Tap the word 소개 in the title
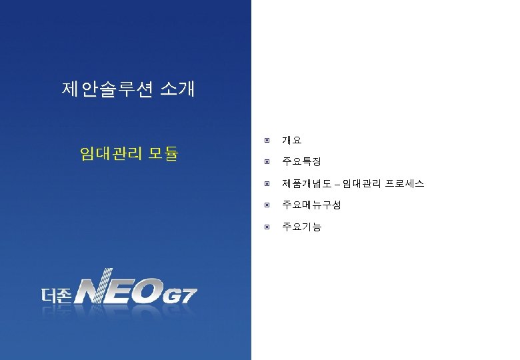[177, 89]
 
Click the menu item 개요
[291, 141]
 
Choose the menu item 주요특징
[301, 162]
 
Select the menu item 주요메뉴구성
[311, 205]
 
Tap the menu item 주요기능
[301, 227]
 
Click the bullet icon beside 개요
[266, 141]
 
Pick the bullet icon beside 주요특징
[266, 162]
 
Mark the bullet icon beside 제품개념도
[266, 183]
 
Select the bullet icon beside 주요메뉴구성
[266, 205]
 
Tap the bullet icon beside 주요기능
[266, 227]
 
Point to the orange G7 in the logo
[181, 294]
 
